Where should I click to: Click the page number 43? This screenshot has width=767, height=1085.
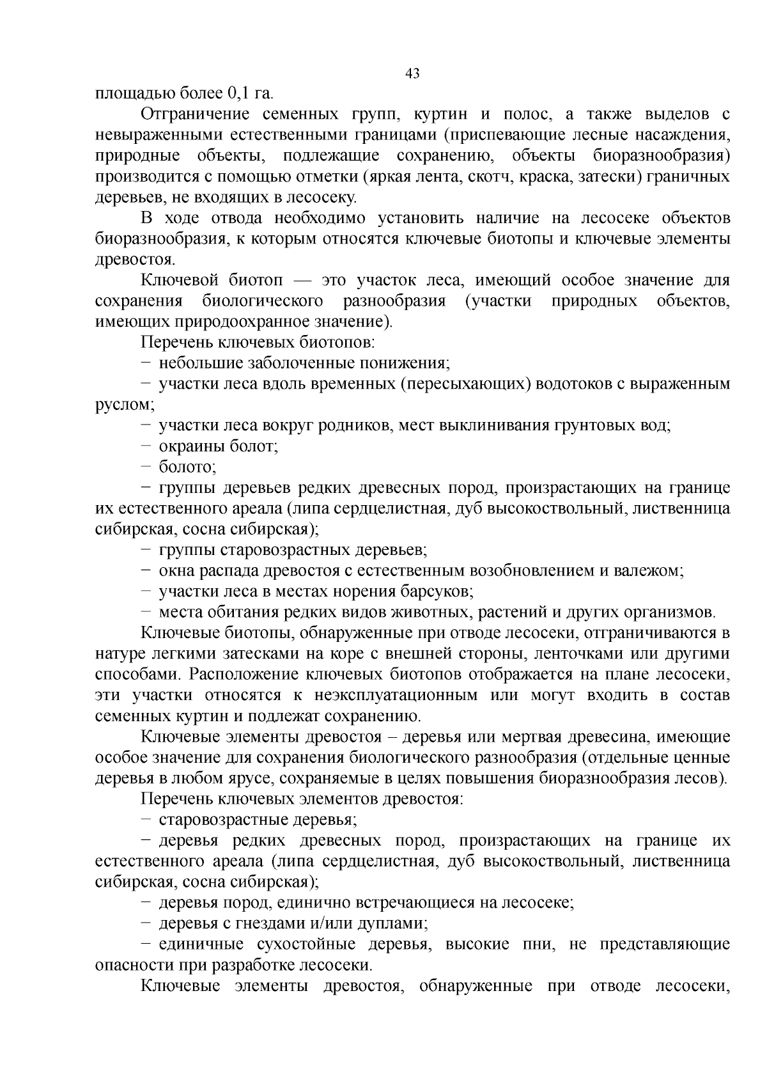pos(412,74)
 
